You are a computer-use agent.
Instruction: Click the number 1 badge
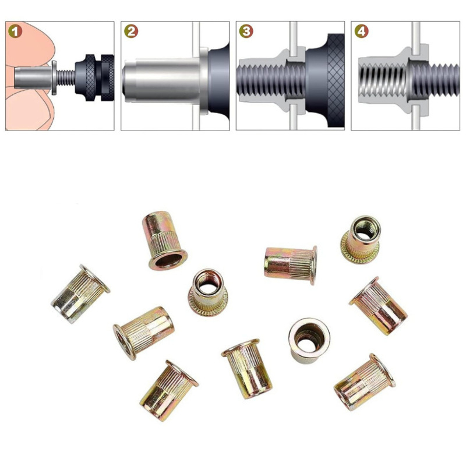[x=15, y=31]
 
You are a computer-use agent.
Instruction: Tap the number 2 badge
[x=130, y=31]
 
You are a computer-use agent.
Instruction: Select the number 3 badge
[x=246, y=31]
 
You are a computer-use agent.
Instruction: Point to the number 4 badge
[x=361, y=31]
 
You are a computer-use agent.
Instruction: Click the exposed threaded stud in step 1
[x=65, y=77]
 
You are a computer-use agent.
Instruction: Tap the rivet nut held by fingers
[x=35, y=77]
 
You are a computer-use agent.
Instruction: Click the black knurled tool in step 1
[x=94, y=77]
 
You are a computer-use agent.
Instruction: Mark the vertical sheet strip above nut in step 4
[x=416, y=35]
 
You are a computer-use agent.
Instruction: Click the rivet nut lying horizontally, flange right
[x=291, y=265]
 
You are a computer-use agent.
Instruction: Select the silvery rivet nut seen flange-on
[x=309, y=341]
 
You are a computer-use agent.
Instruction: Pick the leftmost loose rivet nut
[x=80, y=294]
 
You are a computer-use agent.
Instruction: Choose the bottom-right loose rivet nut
[x=365, y=383]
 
